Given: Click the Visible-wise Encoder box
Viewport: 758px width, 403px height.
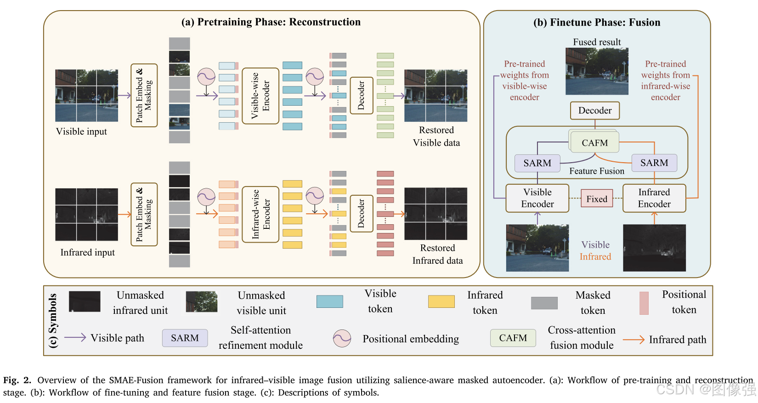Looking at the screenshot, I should pyautogui.click(x=260, y=96).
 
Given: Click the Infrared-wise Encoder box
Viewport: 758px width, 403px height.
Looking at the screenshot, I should pyautogui.click(x=260, y=214).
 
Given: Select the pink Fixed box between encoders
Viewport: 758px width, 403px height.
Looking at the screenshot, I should pyautogui.click(x=596, y=199).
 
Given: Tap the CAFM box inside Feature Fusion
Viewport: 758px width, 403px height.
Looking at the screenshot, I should pyautogui.click(x=594, y=142).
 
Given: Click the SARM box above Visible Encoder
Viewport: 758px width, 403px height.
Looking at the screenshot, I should pyautogui.click(x=537, y=163).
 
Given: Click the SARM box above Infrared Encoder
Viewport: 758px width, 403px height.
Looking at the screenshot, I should pyautogui.click(x=654, y=163).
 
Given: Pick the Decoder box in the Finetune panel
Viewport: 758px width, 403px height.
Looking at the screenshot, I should pyautogui.click(x=594, y=110).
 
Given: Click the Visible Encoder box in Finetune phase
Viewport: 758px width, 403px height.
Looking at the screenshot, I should pyautogui.click(x=537, y=198).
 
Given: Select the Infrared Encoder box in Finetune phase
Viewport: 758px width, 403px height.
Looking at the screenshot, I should pyautogui.click(x=654, y=198).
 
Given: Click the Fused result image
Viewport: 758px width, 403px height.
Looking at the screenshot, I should pyautogui.click(x=596, y=71).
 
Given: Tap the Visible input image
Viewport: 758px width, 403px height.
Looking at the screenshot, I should pyautogui.click(x=86, y=96).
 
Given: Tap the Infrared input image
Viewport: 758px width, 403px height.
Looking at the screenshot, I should pyautogui.click(x=86, y=214).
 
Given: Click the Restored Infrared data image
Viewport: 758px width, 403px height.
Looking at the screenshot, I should pyautogui.click(x=436, y=214).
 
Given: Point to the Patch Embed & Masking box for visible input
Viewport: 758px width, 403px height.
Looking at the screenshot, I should pyautogui.click(x=144, y=96).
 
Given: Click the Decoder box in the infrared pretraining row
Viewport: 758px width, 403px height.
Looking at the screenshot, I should pyautogui.click(x=361, y=214).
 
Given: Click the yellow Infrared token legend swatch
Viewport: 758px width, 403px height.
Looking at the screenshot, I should pyautogui.click(x=441, y=301).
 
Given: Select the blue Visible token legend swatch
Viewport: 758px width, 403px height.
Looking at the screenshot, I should pyautogui.click(x=329, y=301).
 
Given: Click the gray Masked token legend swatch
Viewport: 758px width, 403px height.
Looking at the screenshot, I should pyautogui.click(x=544, y=303).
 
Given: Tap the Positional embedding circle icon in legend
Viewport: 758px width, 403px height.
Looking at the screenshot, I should pyautogui.click(x=342, y=339).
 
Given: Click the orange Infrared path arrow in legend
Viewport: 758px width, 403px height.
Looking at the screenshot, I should pyautogui.click(x=634, y=340).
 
